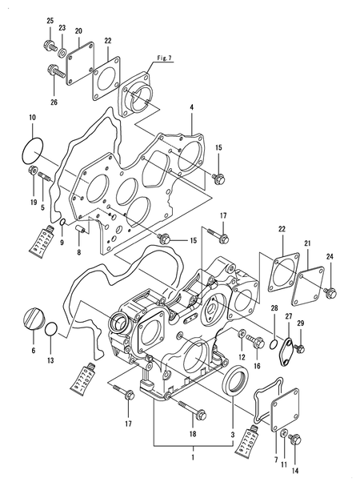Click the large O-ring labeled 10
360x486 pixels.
(23, 151)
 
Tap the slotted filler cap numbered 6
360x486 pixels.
(34, 319)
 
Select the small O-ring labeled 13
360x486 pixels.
(51, 329)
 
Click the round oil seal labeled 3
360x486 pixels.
(236, 380)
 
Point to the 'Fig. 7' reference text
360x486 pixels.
(164, 58)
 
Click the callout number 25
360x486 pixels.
(50, 21)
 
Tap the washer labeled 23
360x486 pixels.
(62, 52)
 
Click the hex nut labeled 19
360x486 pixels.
(33, 170)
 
